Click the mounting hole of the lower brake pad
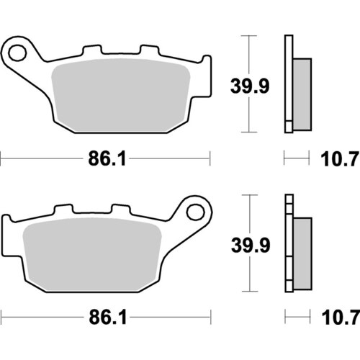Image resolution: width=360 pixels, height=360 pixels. [x=194, y=211]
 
